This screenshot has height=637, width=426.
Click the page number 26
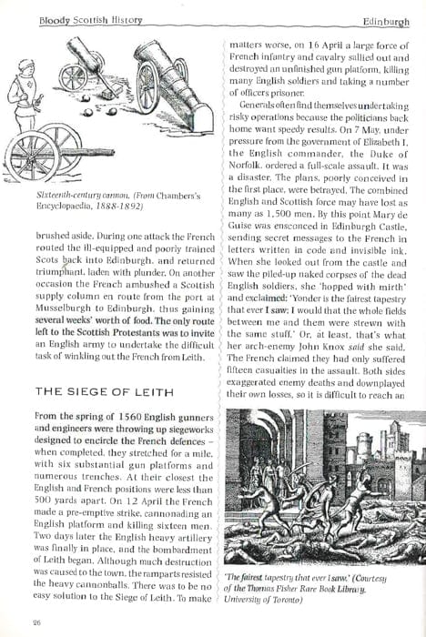(x=35, y=622)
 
